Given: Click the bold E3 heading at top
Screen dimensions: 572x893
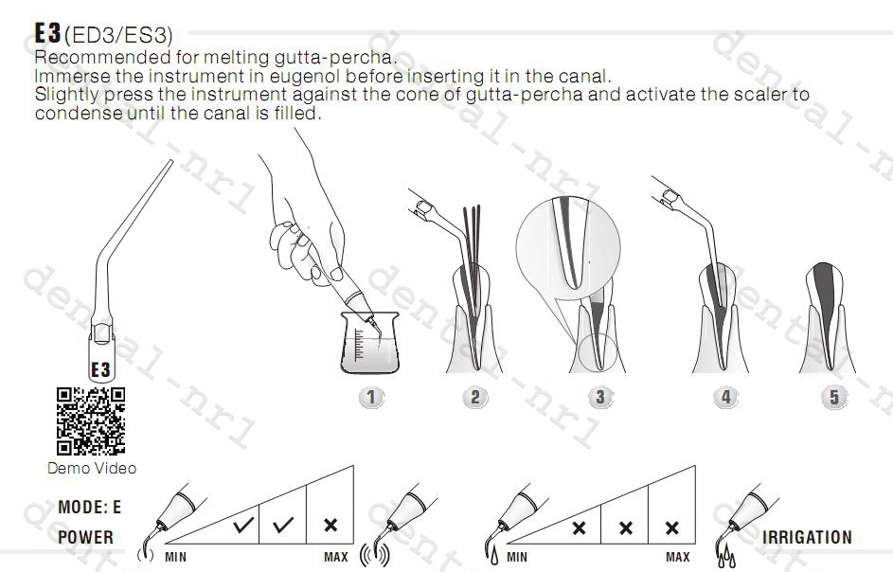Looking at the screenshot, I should pyautogui.click(x=47, y=33).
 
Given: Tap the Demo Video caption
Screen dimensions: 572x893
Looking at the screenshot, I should pyautogui.click(x=92, y=468).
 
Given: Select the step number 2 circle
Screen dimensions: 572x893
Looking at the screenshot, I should pyautogui.click(x=475, y=397).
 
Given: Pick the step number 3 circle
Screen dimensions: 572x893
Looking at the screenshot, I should pyautogui.click(x=598, y=397).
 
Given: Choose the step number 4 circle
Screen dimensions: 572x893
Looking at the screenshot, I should pyautogui.click(x=725, y=397).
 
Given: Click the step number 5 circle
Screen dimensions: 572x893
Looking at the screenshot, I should pyautogui.click(x=833, y=397).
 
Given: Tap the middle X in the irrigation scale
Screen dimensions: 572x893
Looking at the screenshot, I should pyautogui.click(x=626, y=528).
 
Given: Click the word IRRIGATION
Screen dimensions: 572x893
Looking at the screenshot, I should pyautogui.click(x=807, y=537).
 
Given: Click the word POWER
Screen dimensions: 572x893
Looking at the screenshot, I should pyautogui.click(x=85, y=537).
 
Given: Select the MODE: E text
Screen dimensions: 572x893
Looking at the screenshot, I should pyautogui.click(x=90, y=508).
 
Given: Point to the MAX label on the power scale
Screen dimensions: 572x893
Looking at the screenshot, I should pyautogui.click(x=336, y=557).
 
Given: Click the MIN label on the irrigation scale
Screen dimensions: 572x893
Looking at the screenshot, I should pyautogui.click(x=517, y=557).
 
